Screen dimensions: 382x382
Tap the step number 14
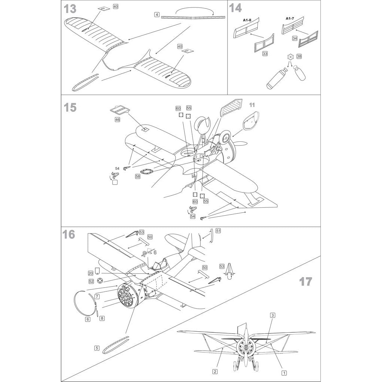235,8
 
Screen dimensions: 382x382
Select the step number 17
306,282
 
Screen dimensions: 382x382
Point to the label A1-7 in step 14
290,18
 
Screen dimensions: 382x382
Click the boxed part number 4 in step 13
157,15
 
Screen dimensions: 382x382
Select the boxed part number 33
265,54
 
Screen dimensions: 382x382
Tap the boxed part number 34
295,38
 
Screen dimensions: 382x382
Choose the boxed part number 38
299,56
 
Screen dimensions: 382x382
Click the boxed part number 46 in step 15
118,120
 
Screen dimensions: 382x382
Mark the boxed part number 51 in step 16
218,231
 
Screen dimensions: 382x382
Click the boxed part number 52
91,281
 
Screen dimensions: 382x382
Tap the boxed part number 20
90,273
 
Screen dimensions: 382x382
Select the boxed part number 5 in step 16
97,348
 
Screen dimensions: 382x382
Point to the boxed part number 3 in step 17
273,316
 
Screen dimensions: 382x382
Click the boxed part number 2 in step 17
215,372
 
